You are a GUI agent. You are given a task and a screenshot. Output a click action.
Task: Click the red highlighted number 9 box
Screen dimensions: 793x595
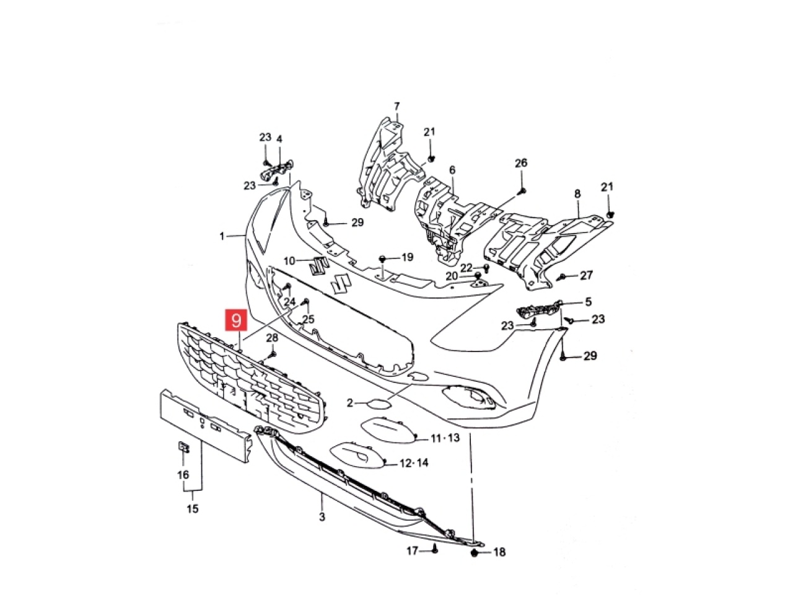(236, 320)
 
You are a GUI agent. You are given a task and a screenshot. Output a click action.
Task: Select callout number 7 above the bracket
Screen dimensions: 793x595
(396, 107)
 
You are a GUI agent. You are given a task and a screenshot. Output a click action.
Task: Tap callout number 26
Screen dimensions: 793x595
(521, 163)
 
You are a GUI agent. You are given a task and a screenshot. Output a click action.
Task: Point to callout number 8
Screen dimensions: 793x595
(577, 193)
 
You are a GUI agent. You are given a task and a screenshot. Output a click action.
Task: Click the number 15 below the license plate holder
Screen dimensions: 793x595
(193, 509)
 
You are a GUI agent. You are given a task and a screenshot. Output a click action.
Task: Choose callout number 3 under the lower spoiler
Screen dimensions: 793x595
(322, 517)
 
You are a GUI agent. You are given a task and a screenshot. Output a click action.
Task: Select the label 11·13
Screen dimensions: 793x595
(445, 438)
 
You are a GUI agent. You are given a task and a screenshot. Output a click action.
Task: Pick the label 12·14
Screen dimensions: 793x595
(414, 463)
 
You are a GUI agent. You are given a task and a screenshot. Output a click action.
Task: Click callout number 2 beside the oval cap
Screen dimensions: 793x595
(349, 402)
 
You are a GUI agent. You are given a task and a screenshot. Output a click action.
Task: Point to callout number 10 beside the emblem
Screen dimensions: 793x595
(290, 260)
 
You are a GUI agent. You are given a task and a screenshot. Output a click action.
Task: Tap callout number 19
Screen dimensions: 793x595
(407, 257)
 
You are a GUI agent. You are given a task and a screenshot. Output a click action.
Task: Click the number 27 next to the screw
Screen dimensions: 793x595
(586, 275)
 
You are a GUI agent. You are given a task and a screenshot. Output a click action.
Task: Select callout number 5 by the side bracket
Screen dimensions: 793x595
(588, 301)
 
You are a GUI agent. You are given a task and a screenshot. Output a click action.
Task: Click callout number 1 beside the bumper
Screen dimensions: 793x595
(222, 237)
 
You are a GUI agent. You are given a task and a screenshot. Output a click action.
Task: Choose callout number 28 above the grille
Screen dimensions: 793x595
(272, 338)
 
